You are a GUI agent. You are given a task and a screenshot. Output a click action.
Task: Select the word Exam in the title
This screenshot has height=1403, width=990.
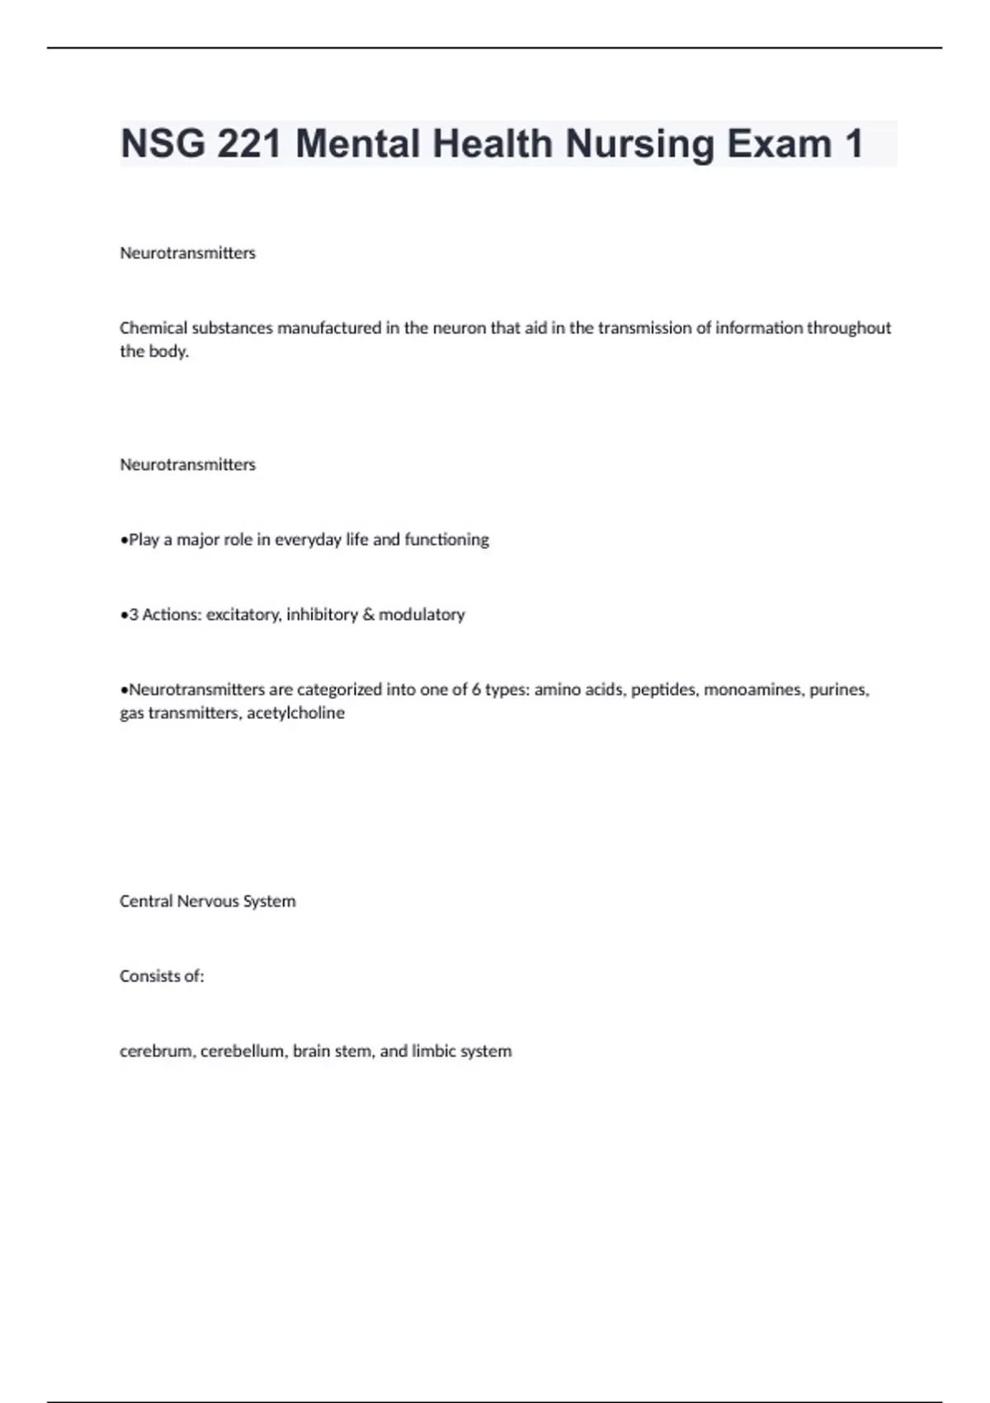780,144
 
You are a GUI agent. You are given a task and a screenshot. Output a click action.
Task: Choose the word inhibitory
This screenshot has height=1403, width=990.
321,614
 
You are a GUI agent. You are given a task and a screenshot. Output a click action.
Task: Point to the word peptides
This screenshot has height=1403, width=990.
663,689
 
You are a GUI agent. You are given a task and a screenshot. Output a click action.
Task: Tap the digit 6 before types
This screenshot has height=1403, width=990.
476,689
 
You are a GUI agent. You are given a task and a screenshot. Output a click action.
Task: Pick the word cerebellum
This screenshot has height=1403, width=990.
243,1051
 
